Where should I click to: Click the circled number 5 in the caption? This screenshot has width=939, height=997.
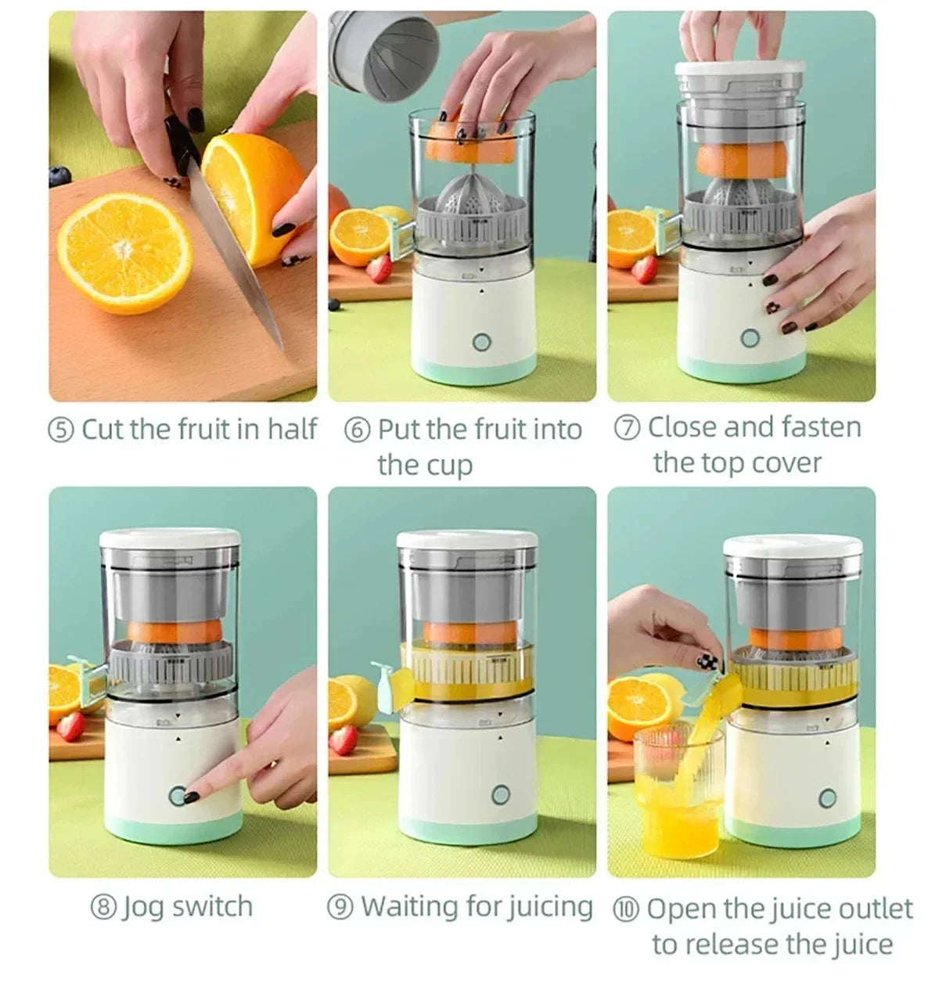point(61,430)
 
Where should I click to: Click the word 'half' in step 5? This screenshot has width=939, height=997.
point(292,428)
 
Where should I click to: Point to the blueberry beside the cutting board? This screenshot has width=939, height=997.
point(59,176)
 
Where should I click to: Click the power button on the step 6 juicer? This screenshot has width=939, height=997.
point(481,342)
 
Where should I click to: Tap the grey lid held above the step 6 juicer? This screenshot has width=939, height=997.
point(384,55)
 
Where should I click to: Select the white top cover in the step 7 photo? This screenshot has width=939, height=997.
point(739,70)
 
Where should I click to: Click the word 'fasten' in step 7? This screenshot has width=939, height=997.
point(821,427)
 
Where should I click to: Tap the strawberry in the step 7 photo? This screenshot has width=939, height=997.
point(644,268)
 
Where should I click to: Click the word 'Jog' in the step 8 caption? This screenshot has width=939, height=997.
point(142,907)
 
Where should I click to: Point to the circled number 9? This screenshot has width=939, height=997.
point(340,908)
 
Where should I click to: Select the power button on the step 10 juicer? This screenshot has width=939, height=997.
point(826,797)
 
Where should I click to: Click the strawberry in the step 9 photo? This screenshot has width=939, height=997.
point(343,740)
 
